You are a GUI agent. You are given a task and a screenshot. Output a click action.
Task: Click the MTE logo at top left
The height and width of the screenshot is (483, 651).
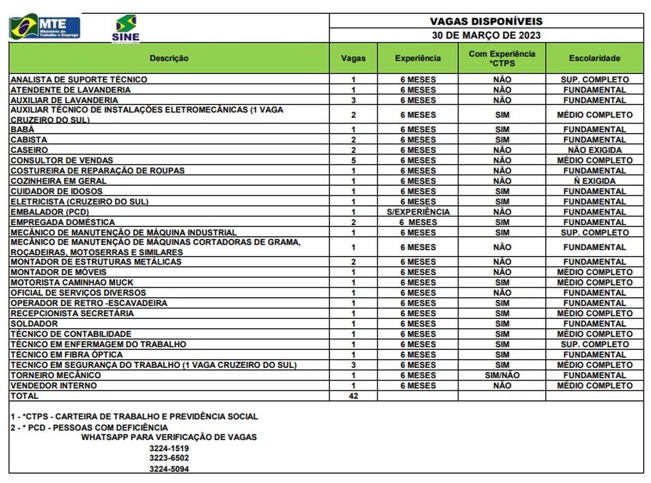[x=44, y=26]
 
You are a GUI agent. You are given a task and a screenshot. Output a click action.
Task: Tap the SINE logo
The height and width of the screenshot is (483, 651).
[x=126, y=28]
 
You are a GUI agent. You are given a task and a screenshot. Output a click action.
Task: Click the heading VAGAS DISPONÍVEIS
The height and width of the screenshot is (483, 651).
[x=486, y=21]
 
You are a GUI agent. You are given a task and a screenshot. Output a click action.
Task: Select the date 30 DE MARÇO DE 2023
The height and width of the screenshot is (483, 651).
[x=486, y=36]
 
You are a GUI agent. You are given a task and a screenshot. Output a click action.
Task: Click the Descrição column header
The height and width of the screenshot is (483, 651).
[x=169, y=58]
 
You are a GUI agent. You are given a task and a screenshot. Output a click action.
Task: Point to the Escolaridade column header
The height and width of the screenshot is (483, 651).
[x=594, y=58]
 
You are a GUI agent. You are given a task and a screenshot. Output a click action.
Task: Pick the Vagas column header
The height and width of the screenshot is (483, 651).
[x=353, y=58]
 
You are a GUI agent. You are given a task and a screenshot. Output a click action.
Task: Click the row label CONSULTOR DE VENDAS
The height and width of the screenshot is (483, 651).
[x=62, y=160]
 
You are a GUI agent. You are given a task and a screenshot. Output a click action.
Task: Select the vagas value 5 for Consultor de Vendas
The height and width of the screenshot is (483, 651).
[x=353, y=160]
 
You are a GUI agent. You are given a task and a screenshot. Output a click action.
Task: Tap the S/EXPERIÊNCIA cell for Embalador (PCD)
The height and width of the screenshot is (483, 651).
[x=417, y=212]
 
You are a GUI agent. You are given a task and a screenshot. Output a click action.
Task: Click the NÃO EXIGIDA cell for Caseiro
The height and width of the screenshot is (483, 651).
[x=594, y=150]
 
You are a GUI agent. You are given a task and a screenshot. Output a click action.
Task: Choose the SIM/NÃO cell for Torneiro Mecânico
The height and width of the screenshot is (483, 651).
[x=501, y=375]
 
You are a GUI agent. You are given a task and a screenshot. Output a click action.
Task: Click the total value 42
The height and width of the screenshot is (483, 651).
[x=353, y=396]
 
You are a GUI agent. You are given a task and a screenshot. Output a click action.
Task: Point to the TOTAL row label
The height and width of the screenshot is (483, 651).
[x=24, y=396]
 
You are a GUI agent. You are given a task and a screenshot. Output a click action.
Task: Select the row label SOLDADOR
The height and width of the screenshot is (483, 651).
[x=34, y=324]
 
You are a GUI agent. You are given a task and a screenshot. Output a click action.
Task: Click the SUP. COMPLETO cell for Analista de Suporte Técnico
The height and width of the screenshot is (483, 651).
[x=594, y=79]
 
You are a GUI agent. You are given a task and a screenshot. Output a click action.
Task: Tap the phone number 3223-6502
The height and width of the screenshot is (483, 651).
[x=169, y=458]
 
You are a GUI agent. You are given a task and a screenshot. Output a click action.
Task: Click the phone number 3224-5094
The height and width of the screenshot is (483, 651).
[x=169, y=469]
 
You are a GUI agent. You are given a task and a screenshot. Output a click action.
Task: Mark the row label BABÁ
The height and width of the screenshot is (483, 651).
[x=22, y=130]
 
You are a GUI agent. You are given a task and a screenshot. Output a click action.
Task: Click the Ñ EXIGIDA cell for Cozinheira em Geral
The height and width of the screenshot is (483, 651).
[x=594, y=181]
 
